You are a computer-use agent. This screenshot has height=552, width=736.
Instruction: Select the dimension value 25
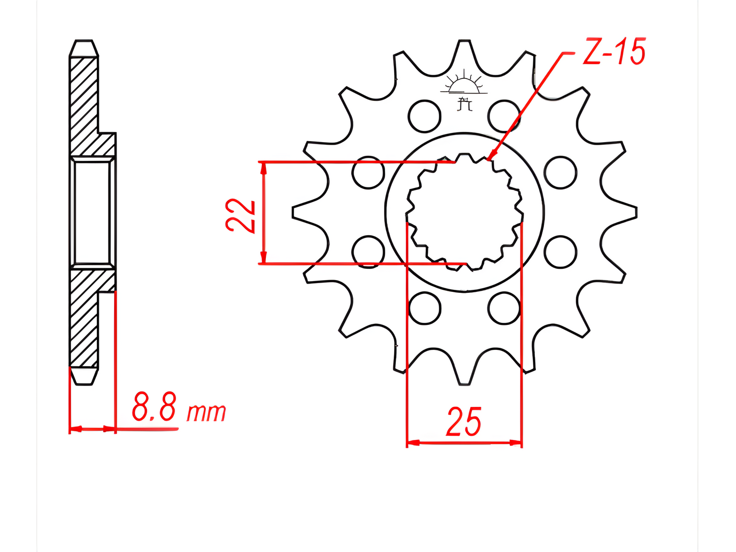[464, 422]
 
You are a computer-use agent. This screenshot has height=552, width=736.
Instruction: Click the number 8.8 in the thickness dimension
[154, 407]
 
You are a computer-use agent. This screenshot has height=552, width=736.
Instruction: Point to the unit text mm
[206, 412]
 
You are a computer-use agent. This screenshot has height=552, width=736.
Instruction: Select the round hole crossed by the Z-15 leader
[504, 116]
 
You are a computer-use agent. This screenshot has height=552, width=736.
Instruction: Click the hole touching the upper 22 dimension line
[368, 172]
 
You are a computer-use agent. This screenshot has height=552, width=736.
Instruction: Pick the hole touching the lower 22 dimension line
[368, 252]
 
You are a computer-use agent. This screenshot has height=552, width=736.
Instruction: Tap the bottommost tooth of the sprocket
[464, 374]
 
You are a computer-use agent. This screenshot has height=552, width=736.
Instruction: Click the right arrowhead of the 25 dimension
[516, 443]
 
